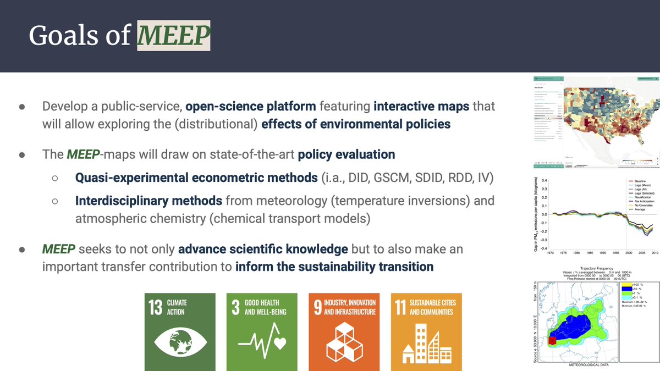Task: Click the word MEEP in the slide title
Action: tap(174, 36)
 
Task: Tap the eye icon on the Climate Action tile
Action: tap(179, 342)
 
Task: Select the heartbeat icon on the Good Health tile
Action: tap(261, 343)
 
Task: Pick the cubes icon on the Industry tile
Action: tap(344, 342)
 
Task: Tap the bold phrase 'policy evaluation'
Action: tap(346, 154)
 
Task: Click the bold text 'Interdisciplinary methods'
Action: tap(148, 201)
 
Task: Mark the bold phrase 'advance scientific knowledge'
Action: tap(263, 249)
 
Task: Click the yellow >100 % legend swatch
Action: tap(623, 284)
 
